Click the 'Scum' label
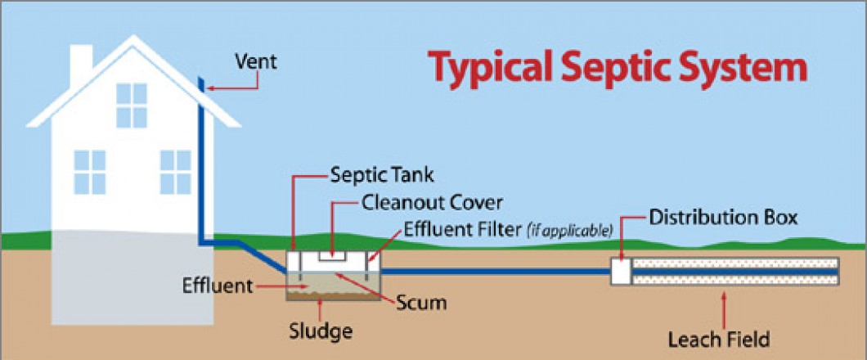pos(423,303)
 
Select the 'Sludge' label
pos(321,332)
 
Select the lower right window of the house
pos(175,171)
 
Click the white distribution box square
pos(621,272)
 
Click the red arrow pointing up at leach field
pos(724,307)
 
